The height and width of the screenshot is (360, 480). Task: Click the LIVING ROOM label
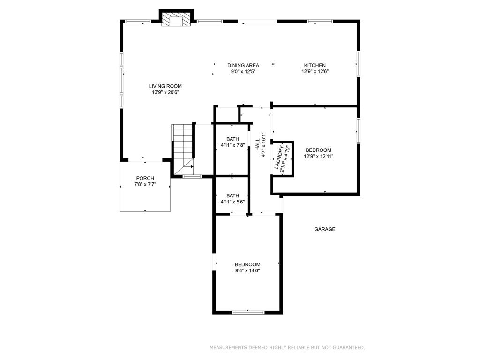pos(165,86)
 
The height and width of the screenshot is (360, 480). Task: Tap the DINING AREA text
pos(243,65)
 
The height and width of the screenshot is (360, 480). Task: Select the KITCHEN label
pos(315,65)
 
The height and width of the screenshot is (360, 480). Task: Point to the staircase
pos(183,145)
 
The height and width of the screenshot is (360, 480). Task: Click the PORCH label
pos(145,178)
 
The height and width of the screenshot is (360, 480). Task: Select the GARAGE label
pos(324,229)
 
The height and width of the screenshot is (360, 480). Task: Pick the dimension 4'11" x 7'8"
pos(232,145)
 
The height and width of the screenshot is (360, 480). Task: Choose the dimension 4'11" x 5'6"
pos(232,202)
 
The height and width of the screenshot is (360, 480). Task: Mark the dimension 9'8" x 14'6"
pos(247,270)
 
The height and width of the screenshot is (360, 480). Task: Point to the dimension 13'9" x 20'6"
pos(165,92)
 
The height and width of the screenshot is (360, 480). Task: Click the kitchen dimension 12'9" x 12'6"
pos(315,72)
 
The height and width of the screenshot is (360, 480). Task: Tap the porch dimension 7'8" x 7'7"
pos(145,184)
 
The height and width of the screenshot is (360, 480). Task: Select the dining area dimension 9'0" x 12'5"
pos(243,72)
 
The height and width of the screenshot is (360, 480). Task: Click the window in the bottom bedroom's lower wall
pos(248,312)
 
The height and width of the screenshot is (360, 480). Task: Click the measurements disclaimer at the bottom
pos(287,347)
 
